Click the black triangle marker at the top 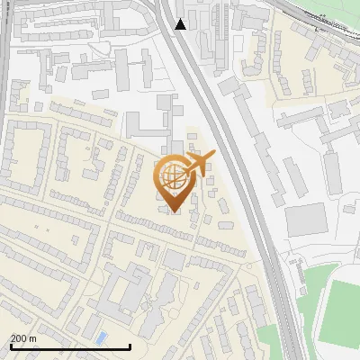tap(181, 24)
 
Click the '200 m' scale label tap(23, 338)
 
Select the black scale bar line tap(70, 346)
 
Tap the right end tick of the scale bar tap(130, 345)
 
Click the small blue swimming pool tap(101, 337)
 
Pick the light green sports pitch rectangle tap(341, 310)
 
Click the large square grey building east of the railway tap(306, 219)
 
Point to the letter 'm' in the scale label tap(32, 338)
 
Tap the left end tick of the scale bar tap(10, 345)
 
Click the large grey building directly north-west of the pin tap(144, 126)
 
